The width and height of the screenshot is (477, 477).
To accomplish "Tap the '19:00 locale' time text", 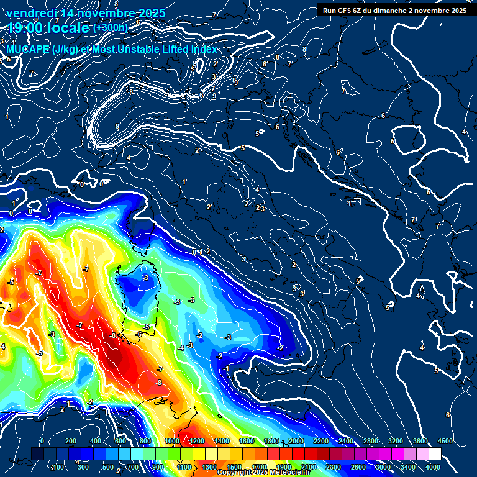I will [x=48, y=28].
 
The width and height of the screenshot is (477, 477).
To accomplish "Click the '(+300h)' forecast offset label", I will [x=111, y=28].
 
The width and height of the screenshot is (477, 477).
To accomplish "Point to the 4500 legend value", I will [x=445, y=441].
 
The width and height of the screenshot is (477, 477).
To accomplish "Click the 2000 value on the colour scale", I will [x=296, y=441].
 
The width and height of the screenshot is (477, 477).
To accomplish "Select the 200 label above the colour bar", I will [x=70, y=441].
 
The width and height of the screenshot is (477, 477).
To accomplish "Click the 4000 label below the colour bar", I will [x=433, y=467].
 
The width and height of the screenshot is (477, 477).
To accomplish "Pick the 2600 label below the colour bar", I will [x=358, y=467].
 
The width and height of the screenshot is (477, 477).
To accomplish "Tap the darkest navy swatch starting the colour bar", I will [x=37, y=454].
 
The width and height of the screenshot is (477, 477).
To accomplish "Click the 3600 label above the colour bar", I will [x=420, y=441].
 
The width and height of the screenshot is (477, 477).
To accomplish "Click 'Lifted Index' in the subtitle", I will [x=188, y=49].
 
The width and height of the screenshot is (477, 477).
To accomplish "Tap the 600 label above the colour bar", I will [x=120, y=441].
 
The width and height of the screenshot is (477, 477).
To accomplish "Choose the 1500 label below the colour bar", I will [x=234, y=467].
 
